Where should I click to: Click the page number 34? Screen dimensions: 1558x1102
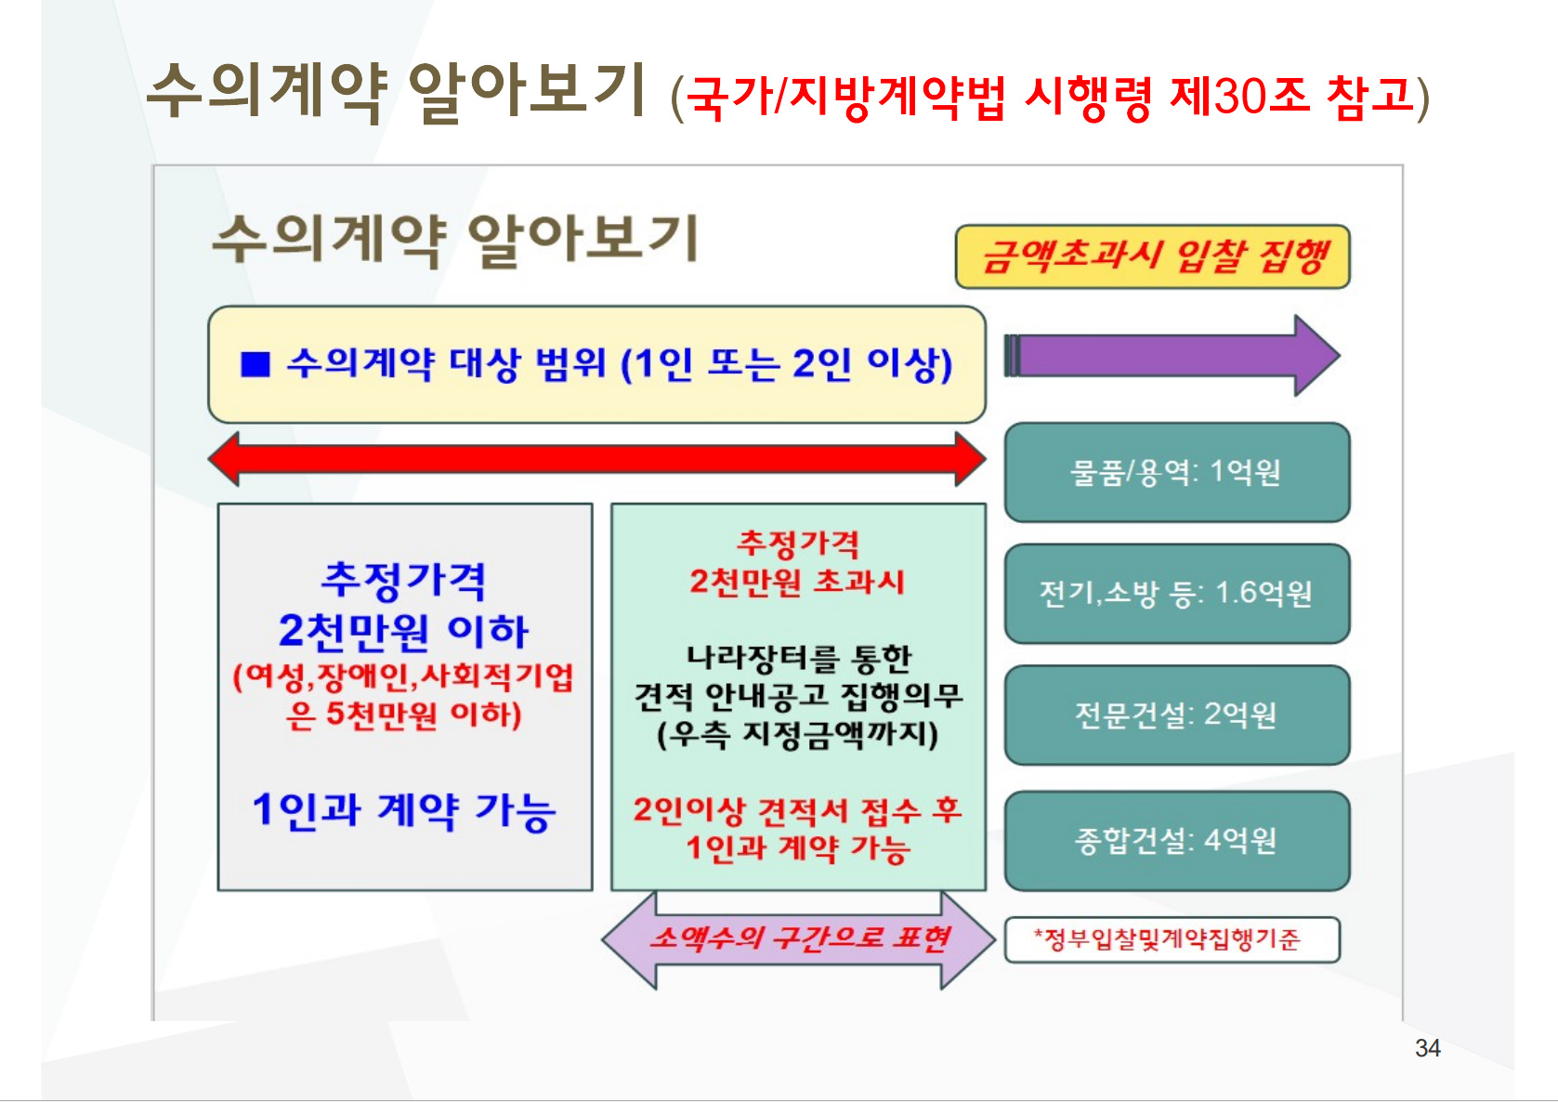tap(1427, 1048)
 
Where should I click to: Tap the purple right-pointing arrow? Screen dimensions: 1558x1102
tap(1172, 356)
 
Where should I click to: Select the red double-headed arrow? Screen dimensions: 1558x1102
tap(596, 459)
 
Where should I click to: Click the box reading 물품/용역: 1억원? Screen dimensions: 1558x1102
tap(1177, 472)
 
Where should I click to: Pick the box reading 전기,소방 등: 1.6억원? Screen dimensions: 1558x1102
tap(1177, 594)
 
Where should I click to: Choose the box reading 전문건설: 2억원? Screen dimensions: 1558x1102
tap(1177, 715)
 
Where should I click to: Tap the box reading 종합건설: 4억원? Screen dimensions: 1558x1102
tap(1177, 840)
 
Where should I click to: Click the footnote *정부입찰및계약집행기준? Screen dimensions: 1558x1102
tap(1172, 940)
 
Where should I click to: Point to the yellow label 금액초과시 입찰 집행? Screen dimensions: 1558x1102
tap(1153, 256)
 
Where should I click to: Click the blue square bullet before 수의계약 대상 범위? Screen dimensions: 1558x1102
tap(255, 364)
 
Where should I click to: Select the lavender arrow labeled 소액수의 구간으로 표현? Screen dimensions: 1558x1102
tap(798, 939)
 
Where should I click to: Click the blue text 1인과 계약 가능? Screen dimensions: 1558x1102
tap(404, 811)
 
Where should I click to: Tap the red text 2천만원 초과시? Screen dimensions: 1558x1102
tap(798, 582)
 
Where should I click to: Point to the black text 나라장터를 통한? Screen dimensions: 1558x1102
tap(798, 658)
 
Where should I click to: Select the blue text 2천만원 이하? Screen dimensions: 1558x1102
tap(404, 632)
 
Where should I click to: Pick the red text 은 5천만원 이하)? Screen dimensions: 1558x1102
tap(404, 715)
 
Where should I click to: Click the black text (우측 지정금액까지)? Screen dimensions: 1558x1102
tap(798, 735)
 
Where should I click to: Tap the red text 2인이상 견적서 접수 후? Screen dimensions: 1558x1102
tap(798, 810)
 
